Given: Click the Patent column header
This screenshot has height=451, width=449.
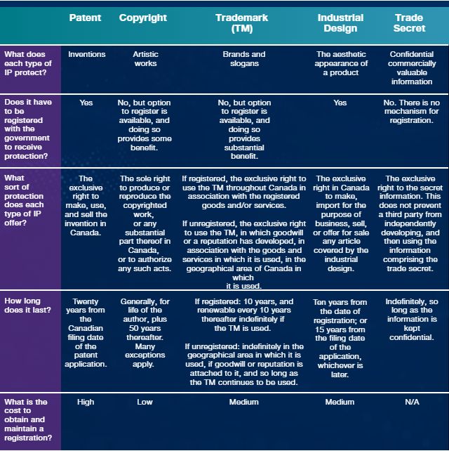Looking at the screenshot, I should pyautogui.click(x=85, y=18).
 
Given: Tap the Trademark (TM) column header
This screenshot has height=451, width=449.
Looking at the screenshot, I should pyautogui.click(x=243, y=23).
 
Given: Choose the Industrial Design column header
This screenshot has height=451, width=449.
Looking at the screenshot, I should pyautogui.click(x=340, y=23).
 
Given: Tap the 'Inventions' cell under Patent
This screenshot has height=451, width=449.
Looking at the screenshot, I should pyautogui.click(x=86, y=54).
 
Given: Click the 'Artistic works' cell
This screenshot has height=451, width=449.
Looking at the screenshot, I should pyautogui.click(x=145, y=59).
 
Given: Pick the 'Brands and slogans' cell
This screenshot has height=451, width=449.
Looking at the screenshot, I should pyautogui.click(x=243, y=59).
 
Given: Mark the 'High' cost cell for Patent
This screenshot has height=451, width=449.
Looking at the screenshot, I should pyautogui.click(x=86, y=403).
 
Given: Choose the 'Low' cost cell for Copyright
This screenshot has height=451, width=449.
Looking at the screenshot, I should pyautogui.click(x=145, y=403).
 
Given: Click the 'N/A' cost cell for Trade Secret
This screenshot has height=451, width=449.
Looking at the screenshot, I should pyautogui.click(x=413, y=403).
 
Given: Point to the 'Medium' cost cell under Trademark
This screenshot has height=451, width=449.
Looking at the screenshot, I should pyautogui.click(x=243, y=403).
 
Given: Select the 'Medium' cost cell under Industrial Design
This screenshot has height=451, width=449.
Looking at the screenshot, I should pyautogui.click(x=340, y=403).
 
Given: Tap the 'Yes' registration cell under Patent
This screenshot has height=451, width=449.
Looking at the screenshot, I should pyautogui.click(x=86, y=103).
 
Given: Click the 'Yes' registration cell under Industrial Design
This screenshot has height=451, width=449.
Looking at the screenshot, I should pyautogui.click(x=340, y=103).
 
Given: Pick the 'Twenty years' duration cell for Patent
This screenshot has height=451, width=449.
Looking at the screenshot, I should pyautogui.click(x=86, y=332).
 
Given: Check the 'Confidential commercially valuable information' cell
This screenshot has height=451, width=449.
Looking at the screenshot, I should pyautogui.click(x=413, y=67).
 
